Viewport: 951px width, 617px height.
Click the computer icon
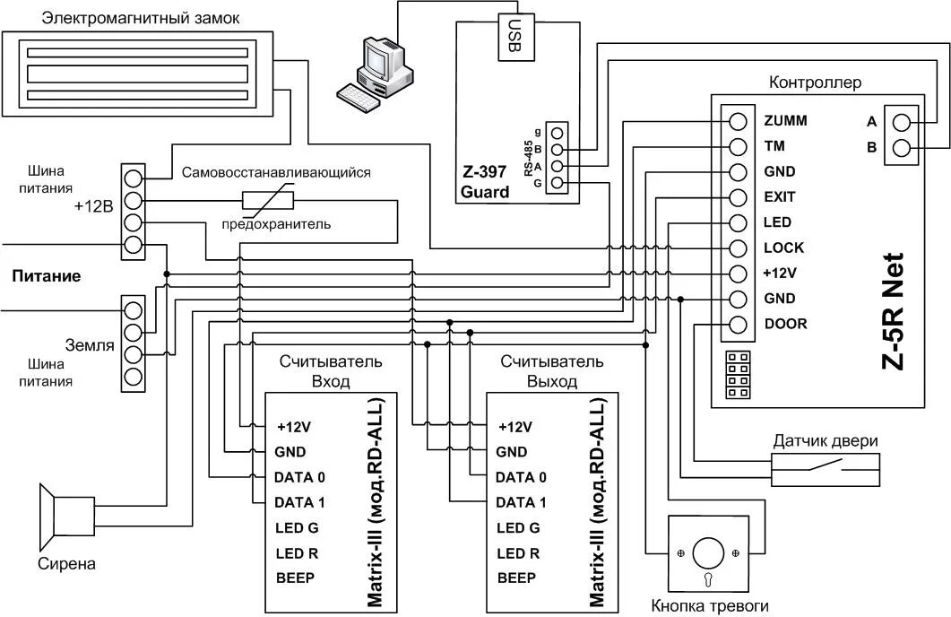click(376, 70)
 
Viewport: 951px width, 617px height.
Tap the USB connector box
click(512, 39)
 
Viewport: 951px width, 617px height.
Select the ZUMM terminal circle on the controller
click(739, 121)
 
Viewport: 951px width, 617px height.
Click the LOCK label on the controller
click(783, 248)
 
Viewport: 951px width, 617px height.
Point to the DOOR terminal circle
click(739, 324)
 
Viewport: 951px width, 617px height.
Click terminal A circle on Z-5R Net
click(903, 122)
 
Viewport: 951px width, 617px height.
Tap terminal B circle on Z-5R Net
click(903, 148)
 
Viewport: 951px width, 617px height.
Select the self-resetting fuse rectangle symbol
click(267, 199)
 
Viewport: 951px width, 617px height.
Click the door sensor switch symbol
click(826, 467)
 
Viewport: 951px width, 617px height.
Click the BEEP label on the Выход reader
click(517, 578)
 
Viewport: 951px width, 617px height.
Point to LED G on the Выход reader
click(518, 527)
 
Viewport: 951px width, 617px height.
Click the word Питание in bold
click(46, 276)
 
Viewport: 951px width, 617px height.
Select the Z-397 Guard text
click(485, 183)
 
